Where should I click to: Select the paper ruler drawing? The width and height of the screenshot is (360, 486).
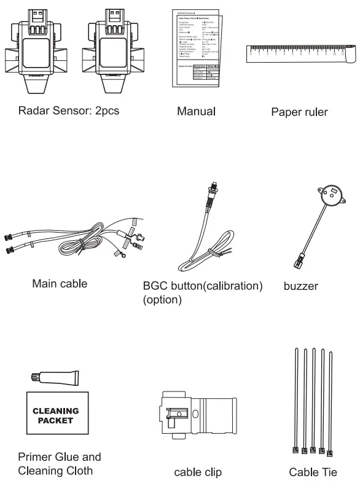point(298,55)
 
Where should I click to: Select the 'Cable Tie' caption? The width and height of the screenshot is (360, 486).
point(312,472)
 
